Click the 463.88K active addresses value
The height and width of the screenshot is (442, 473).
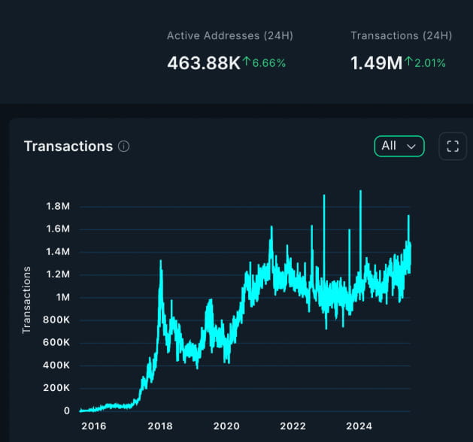click(203, 63)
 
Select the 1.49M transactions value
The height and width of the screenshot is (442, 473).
click(376, 63)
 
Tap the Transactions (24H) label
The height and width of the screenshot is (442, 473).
click(401, 35)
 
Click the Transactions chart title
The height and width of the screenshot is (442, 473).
click(68, 146)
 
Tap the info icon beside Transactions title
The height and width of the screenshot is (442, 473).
click(124, 147)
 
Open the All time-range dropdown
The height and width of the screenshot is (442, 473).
click(399, 146)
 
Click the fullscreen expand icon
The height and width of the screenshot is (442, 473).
click(452, 146)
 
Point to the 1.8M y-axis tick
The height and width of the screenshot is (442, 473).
click(58, 206)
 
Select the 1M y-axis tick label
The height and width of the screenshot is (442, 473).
click(63, 297)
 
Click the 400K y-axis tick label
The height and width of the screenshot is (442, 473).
click(56, 365)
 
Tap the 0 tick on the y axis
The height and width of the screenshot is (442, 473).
click(67, 410)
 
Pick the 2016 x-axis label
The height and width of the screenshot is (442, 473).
click(94, 426)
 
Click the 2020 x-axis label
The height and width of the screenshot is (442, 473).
click(226, 426)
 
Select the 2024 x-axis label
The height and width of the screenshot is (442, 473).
click(359, 426)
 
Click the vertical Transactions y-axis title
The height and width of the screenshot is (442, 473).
click(27, 299)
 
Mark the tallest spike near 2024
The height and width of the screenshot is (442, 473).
click(361, 192)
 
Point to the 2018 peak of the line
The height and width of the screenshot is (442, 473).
click(160, 261)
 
